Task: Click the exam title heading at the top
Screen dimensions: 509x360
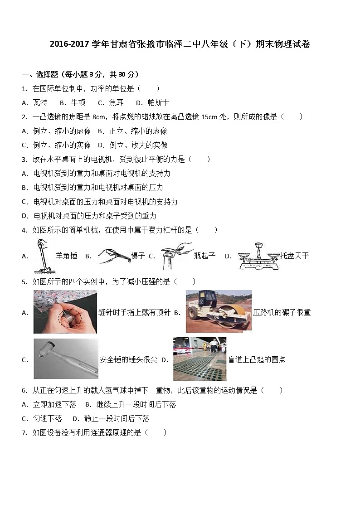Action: tap(180, 44)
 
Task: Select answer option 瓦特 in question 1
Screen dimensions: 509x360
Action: tap(40, 103)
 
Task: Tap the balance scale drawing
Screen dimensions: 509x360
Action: tap(256, 256)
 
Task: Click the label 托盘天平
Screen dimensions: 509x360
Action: tap(294, 256)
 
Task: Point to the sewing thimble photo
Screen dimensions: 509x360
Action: tap(65, 312)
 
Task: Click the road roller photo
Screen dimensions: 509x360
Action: tap(219, 311)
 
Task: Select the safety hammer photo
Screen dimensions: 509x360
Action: tap(66, 359)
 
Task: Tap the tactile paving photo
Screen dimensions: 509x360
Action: tap(199, 359)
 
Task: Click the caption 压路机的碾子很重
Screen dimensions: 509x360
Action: tap(282, 312)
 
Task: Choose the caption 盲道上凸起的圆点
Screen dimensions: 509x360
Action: tap(257, 360)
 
